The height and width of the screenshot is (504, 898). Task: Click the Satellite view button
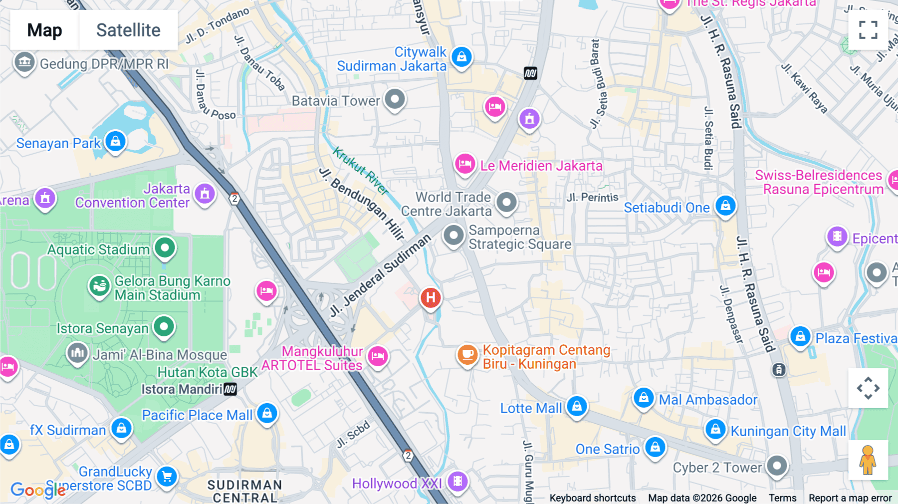(x=128, y=30)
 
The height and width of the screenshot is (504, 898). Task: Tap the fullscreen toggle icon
(x=868, y=30)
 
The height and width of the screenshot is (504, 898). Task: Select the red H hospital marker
(x=431, y=298)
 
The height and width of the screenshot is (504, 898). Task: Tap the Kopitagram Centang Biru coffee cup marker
(x=467, y=355)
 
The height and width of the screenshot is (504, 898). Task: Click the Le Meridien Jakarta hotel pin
(x=464, y=164)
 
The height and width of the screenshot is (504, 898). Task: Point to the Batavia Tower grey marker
(x=395, y=99)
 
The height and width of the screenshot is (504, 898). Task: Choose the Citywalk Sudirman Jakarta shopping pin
(x=461, y=57)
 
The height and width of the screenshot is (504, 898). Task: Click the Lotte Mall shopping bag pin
(x=577, y=406)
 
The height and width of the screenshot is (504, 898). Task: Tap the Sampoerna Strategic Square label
(x=519, y=237)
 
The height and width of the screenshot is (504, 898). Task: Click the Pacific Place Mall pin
(x=267, y=413)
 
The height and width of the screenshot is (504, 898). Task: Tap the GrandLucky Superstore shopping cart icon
(x=167, y=477)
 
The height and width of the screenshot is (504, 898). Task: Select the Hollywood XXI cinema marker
(x=457, y=481)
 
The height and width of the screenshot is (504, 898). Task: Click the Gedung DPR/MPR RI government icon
(x=24, y=63)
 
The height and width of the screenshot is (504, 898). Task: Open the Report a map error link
(x=850, y=498)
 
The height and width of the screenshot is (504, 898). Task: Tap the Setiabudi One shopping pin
(x=725, y=206)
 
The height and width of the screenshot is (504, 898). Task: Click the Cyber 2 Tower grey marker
(x=776, y=466)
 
